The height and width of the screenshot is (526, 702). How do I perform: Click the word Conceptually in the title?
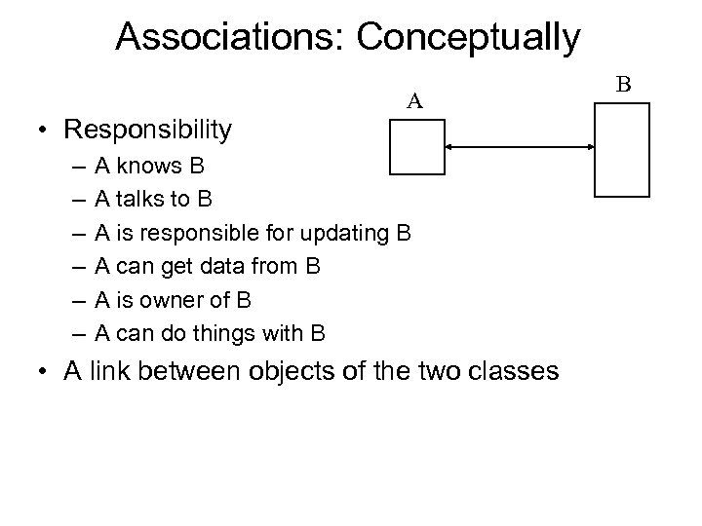pyautogui.click(x=469, y=37)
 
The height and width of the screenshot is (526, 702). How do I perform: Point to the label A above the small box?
pyautogui.click(x=414, y=100)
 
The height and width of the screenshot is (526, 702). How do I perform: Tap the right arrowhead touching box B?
pyautogui.click(x=591, y=147)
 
